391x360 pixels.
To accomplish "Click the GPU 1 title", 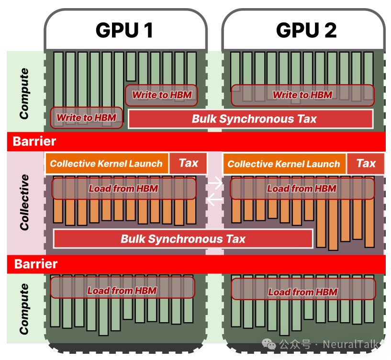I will pos(124,30).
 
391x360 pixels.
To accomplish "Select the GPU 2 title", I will pos(306,30).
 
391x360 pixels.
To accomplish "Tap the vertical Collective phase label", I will pos(24,202).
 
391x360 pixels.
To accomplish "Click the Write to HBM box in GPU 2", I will pos(302,95).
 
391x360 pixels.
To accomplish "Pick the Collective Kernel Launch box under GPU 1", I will pos(106,164).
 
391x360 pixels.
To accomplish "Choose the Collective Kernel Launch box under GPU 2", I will pos(284,164).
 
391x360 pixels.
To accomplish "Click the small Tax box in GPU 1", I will pos(188,163).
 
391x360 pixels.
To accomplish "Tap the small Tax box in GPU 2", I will pos(366,163).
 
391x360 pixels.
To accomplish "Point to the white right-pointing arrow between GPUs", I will pos(215,182).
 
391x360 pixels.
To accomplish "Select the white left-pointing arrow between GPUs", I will pos(215,199).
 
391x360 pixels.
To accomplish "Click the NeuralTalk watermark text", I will pos(351,344).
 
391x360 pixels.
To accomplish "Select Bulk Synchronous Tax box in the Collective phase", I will pos(183,239).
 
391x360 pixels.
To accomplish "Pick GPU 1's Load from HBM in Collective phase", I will pos(123,189).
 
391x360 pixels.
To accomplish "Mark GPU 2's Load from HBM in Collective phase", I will pos(302,189).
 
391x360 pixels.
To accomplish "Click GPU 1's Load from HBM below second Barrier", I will pos(122,290).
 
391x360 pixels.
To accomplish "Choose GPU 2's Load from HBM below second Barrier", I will pos(303,292).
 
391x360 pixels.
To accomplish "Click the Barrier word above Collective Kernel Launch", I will pos(34,142).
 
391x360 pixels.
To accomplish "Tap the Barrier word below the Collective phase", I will pos(36,264).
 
